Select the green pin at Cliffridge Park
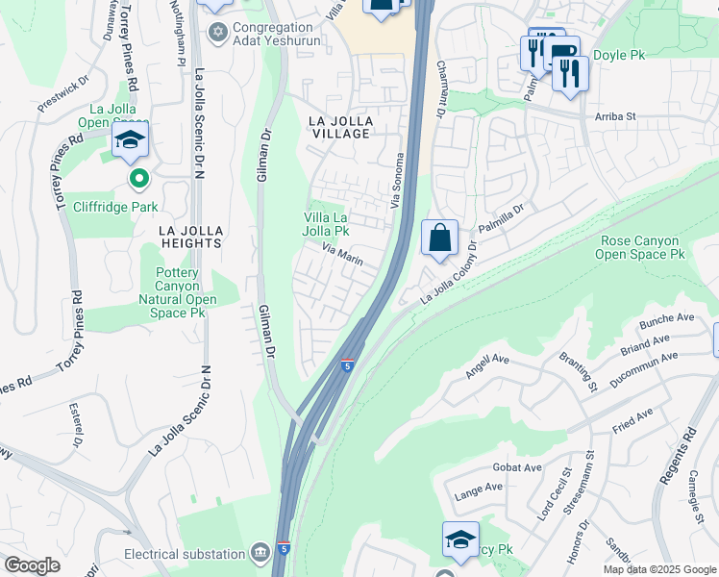(139, 178)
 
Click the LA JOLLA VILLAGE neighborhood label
(339, 127)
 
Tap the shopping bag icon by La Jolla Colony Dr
(439, 238)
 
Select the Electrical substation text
(184, 554)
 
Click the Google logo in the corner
(32, 565)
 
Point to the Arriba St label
(615, 116)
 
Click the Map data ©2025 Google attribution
(658, 569)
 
